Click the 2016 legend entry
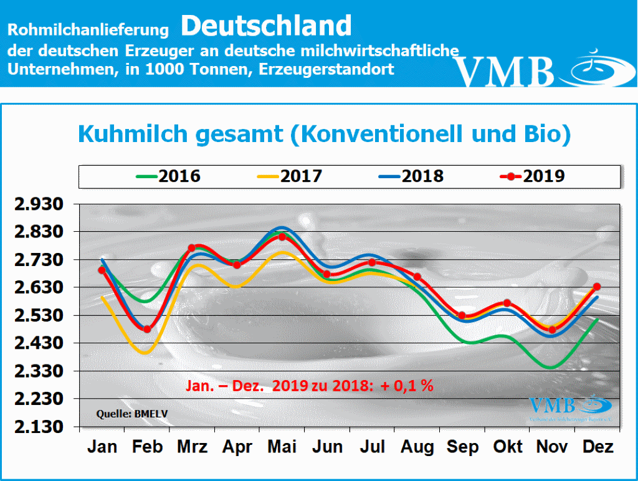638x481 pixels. click(168, 176)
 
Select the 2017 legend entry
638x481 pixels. click(290, 176)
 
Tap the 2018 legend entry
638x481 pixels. click(411, 176)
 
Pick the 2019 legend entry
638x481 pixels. click(533, 176)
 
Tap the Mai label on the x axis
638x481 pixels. click(282, 447)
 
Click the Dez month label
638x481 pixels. click(598, 447)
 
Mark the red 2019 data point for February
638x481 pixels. click(147, 329)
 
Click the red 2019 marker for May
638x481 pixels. click(282, 236)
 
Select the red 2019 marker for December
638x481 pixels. click(597, 287)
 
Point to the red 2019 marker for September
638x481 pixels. click(462, 315)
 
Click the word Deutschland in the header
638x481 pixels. click(267, 26)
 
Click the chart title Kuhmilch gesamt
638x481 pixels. click(323, 134)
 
